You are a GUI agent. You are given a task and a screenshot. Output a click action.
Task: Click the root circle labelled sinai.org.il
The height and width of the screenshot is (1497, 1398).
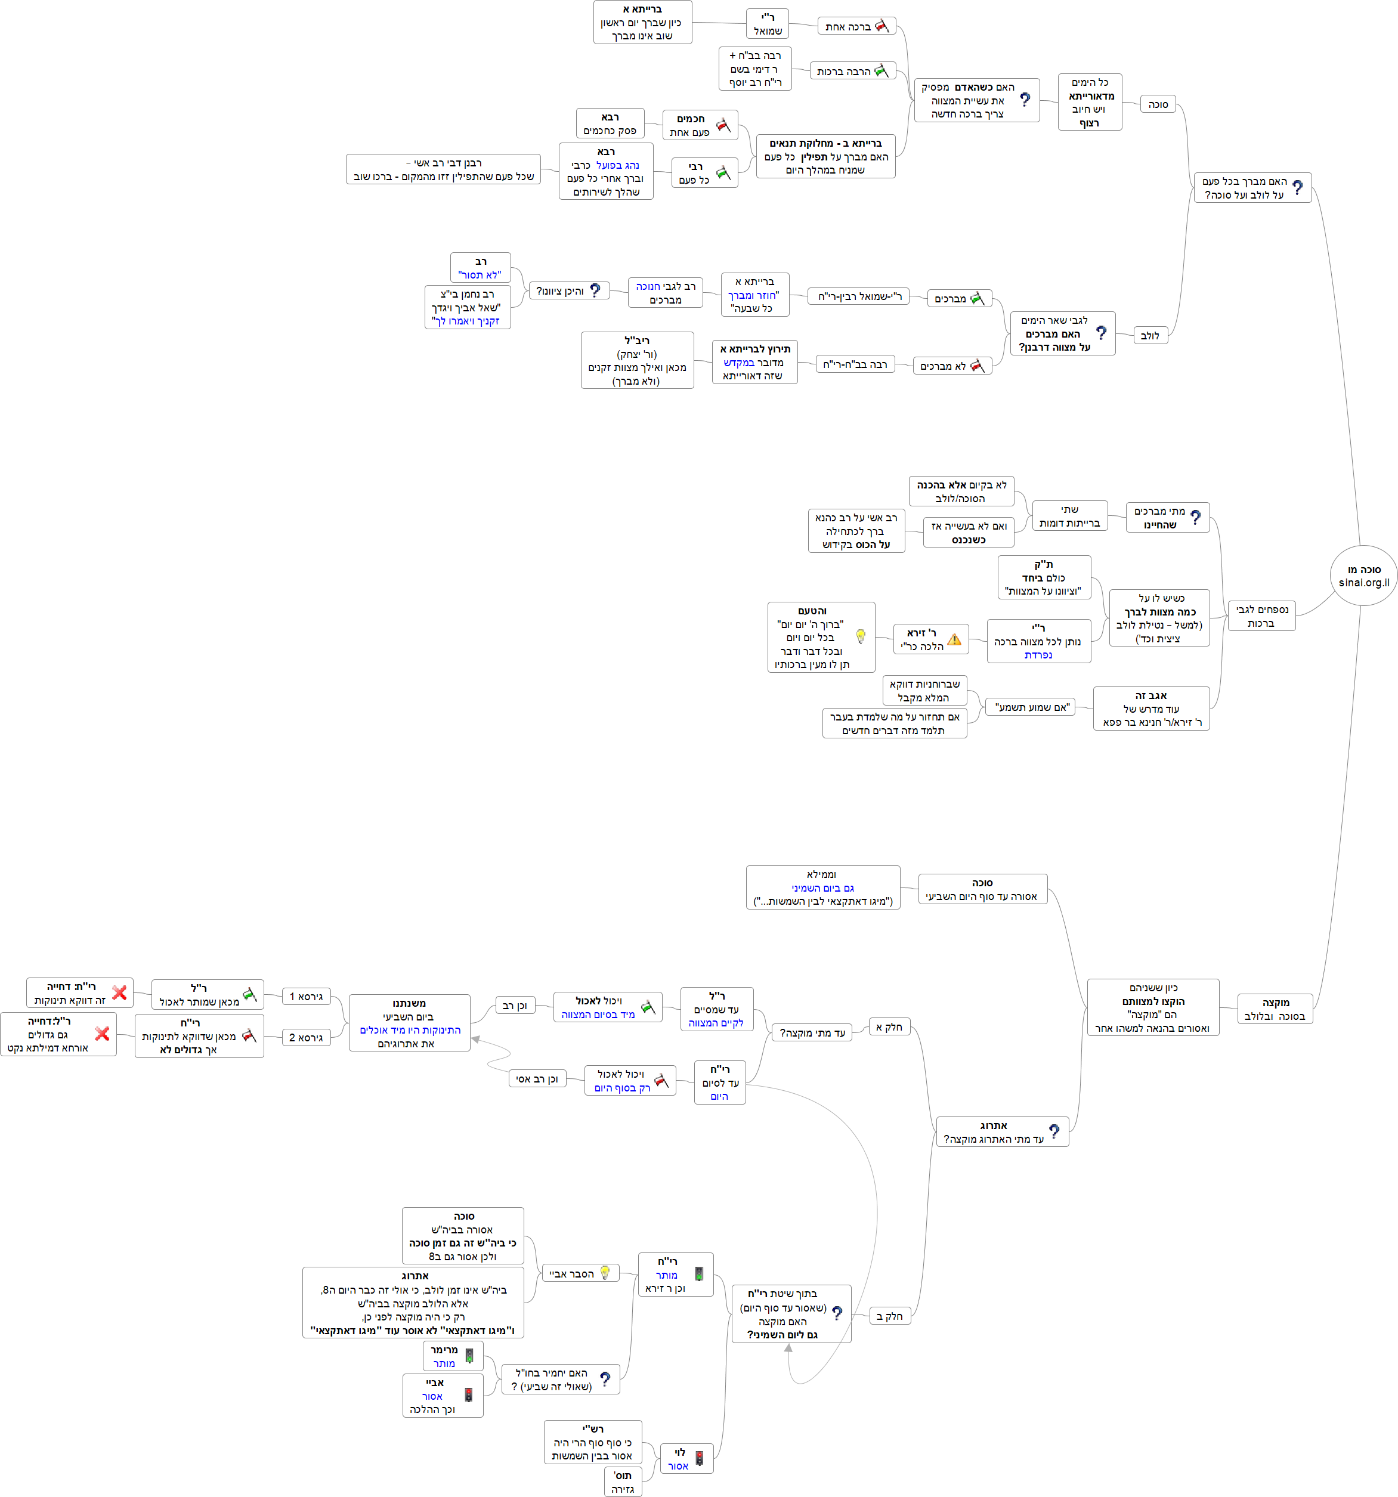tap(1363, 576)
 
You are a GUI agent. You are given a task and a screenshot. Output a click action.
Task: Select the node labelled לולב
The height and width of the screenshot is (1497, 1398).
tap(1149, 336)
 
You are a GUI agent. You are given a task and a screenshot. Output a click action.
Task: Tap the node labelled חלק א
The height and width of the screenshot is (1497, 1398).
tap(889, 1027)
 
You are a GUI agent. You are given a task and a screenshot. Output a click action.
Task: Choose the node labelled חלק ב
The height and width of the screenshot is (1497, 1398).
tap(889, 1316)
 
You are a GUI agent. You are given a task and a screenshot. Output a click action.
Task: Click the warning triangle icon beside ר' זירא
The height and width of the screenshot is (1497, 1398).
tap(954, 639)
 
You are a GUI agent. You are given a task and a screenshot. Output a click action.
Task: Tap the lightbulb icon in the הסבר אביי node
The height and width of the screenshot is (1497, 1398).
tap(605, 1273)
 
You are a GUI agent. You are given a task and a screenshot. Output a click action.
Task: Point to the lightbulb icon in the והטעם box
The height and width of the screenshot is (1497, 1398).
tap(861, 636)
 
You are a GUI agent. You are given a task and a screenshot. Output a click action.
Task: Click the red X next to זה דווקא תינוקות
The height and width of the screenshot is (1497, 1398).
tap(119, 993)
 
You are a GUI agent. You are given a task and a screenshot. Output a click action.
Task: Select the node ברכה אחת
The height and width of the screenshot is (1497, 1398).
tap(856, 27)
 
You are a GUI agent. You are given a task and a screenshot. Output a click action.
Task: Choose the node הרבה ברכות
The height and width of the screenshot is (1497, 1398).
tap(852, 72)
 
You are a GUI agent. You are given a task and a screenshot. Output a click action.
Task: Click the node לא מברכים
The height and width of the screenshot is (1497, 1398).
tap(951, 366)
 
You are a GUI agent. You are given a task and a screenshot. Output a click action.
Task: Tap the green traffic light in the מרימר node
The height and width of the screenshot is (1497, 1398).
tap(469, 1356)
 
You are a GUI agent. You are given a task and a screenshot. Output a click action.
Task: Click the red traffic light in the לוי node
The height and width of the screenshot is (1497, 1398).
tap(698, 1459)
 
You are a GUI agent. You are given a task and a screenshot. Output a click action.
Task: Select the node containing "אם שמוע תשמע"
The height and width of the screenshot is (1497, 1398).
tap(1031, 707)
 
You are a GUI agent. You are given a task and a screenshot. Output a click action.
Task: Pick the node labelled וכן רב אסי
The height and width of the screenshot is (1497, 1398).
tap(537, 1079)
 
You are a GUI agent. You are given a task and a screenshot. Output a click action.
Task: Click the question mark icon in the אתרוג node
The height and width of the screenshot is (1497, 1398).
tap(1054, 1131)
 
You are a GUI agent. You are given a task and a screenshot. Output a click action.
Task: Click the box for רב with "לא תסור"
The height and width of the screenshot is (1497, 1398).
tap(480, 268)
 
